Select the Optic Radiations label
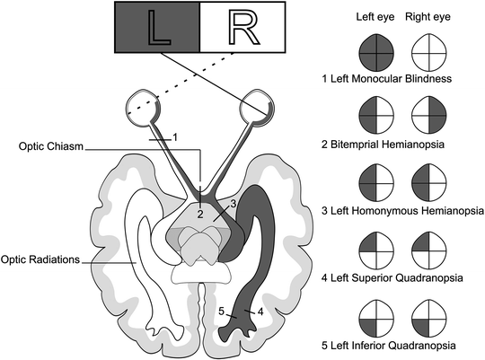coord(41,260)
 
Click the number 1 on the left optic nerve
coord(175,136)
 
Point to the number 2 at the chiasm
coord(201,215)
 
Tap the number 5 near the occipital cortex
coord(221,312)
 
